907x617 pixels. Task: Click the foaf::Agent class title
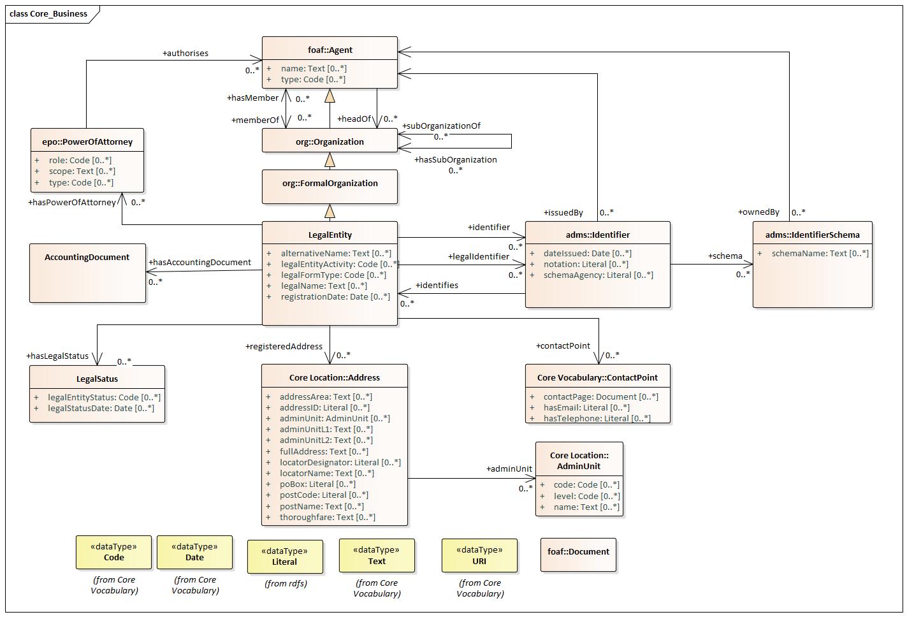pos(330,50)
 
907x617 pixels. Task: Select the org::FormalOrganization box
pos(330,187)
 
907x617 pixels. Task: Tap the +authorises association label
pos(185,53)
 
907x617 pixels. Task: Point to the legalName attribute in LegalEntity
pos(324,286)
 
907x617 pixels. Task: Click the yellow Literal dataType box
pos(285,556)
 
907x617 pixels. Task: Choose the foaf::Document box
pos(578,555)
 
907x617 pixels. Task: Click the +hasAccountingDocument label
pos(200,263)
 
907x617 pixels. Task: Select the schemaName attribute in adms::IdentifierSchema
pos(820,254)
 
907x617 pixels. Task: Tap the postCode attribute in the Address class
pos(324,495)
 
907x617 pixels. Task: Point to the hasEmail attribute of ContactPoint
pos(586,408)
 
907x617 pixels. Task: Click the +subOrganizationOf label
pos(441,126)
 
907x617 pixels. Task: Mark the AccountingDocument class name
pos(87,257)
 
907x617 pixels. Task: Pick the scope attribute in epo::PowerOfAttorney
pos(82,171)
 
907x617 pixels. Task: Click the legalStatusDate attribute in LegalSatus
pos(101,408)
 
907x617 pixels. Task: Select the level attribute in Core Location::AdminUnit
pos(587,496)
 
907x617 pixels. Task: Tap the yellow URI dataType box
pos(479,555)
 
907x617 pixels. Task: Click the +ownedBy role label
pos(758,212)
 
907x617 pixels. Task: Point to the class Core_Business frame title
pos(48,14)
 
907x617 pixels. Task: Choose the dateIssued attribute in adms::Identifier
pos(588,254)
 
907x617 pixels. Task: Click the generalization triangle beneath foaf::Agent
pos(330,96)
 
